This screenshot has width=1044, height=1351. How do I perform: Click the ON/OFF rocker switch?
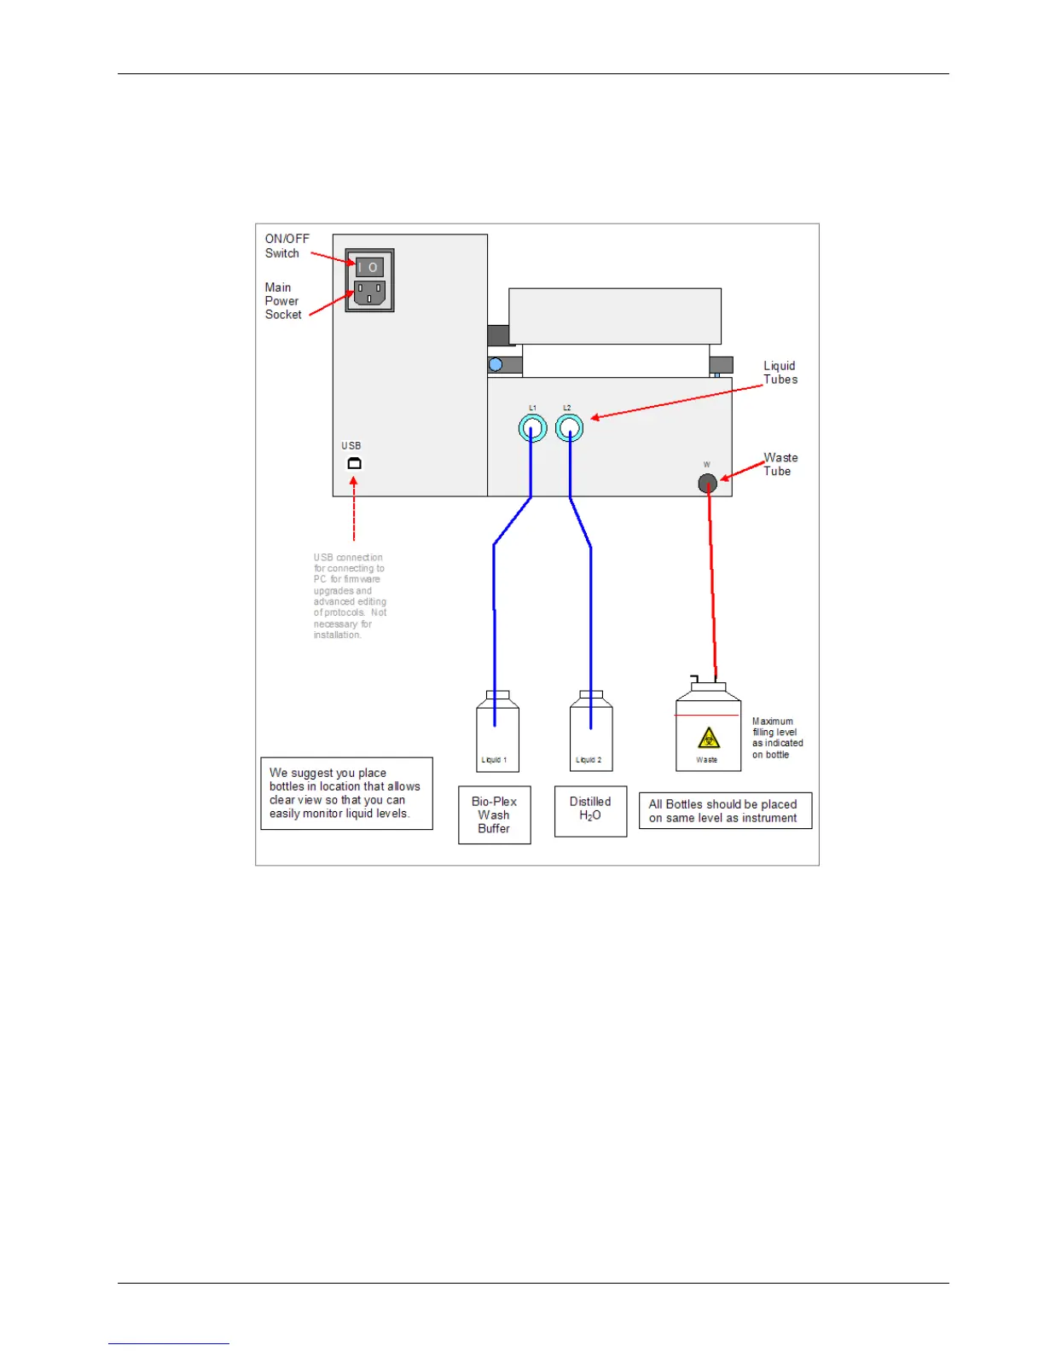coord(369,267)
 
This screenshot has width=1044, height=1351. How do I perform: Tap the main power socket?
coord(369,293)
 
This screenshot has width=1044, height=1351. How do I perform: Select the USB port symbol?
coord(354,463)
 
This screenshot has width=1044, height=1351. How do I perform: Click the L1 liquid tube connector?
coord(532,427)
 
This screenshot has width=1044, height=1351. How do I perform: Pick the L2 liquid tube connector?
coord(569,427)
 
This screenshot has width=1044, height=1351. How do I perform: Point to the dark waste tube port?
coord(707,484)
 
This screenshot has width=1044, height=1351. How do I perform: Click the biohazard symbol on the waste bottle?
coord(709,738)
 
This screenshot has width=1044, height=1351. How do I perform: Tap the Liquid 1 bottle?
coord(497,734)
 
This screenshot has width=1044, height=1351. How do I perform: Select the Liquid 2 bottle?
coord(591,734)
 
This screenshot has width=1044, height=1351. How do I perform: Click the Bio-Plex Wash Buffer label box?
coord(495,815)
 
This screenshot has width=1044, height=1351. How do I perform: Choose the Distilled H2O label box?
coord(590,811)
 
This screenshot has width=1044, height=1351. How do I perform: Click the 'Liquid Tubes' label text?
coord(780,373)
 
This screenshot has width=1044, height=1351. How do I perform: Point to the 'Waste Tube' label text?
coord(780,465)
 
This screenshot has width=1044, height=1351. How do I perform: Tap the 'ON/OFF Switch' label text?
coord(287,246)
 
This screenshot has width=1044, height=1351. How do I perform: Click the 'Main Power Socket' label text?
coord(282,301)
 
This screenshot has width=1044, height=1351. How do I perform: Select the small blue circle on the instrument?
coord(496,365)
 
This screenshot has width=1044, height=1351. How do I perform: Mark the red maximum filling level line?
coord(707,715)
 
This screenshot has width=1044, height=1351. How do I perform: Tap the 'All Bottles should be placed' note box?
coord(725,811)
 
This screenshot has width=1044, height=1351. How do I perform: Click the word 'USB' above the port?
coord(351,445)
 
